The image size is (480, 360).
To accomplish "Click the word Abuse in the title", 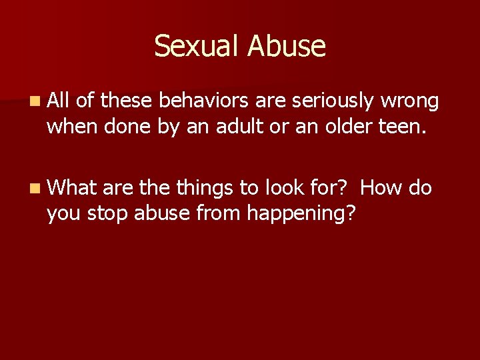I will point(287,47).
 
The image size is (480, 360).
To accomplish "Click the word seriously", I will point(333,102).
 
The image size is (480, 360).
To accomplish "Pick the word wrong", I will point(409,102).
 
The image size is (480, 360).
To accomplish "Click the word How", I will point(381,188).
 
